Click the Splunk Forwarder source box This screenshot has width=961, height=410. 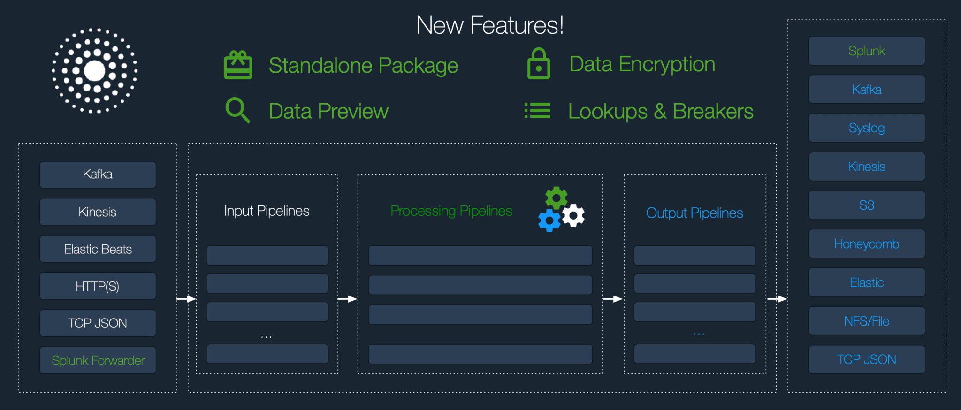click(x=98, y=360)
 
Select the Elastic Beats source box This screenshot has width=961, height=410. click(x=98, y=249)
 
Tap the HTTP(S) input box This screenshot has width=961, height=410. click(x=98, y=286)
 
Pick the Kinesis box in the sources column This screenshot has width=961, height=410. click(x=98, y=212)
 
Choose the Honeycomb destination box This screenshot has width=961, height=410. click(x=867, y=244)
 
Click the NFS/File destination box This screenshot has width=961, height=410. click(x=867, y=321)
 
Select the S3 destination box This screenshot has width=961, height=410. click(x=867, y=205)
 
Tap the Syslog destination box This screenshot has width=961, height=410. click(x=867, y=128)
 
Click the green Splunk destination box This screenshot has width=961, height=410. click(x=867, y=51)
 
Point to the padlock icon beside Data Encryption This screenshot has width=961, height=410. click(x=539, y=64)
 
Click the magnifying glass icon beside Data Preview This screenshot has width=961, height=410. click(x=237, y=110)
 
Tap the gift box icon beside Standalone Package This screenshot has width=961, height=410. click(x=238, y=65)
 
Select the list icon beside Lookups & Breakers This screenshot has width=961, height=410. click(x=537, y=111)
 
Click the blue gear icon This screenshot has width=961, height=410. click(x=549, y=220)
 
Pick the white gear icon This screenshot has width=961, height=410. click(x=573, y=215)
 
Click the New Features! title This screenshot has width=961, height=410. click(x=490, y=25)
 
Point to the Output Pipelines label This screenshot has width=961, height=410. click(x=694, y=213)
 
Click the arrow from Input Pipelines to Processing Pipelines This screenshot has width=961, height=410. click(x=348, y=299)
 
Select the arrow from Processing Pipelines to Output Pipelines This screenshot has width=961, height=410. click(x=613, y=299)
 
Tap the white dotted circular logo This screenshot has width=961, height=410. click(x=95, y=71)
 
